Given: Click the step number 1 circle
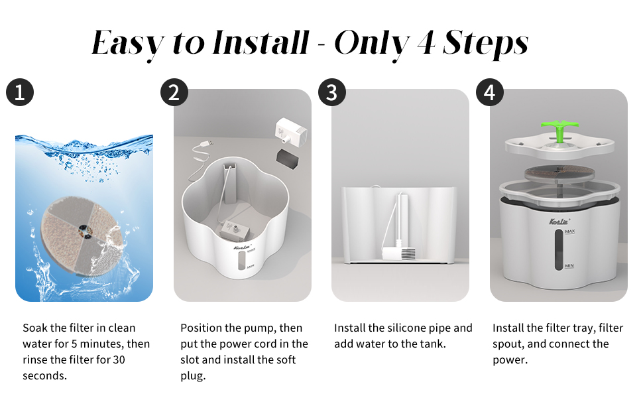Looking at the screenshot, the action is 20,92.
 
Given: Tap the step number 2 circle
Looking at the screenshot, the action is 174,92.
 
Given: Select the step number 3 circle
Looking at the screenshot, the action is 332,92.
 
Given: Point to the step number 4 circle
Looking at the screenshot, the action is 490,92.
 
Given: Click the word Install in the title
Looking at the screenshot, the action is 261,42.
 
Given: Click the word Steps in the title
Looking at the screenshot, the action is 485,44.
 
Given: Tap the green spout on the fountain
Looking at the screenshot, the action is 559,131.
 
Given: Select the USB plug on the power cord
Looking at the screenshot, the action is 207,143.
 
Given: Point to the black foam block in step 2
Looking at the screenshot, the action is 287,158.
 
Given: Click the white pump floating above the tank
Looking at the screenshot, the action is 291,131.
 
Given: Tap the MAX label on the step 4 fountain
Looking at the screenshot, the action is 570,232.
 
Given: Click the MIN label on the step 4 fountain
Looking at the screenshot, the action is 569,266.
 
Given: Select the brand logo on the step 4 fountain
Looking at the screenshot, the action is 559,222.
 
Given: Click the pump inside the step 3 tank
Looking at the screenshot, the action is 399,253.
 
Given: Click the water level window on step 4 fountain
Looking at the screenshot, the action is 559,249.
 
